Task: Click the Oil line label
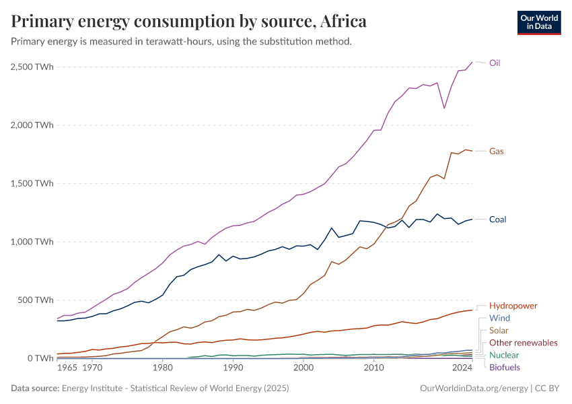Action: [495, 63]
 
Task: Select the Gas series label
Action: [496, 151]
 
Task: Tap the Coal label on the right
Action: [497, 220]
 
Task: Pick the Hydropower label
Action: [513, 306]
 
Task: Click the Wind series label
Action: [499, 318]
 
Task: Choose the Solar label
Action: [499, 331]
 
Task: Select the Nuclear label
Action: [504, 355]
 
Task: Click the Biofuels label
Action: [504, 367]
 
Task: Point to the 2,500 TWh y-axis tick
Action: [33, 67]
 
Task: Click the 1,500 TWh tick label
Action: [33, 183]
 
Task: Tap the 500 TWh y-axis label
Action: [36, 300]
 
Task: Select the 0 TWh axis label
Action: [40, 358]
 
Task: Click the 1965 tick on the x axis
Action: [67, 368]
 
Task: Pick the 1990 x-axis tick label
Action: [233, 368]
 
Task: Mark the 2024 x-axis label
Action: [462, 368]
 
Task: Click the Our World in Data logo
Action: [539, 22]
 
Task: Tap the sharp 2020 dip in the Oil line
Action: [444, 108]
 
